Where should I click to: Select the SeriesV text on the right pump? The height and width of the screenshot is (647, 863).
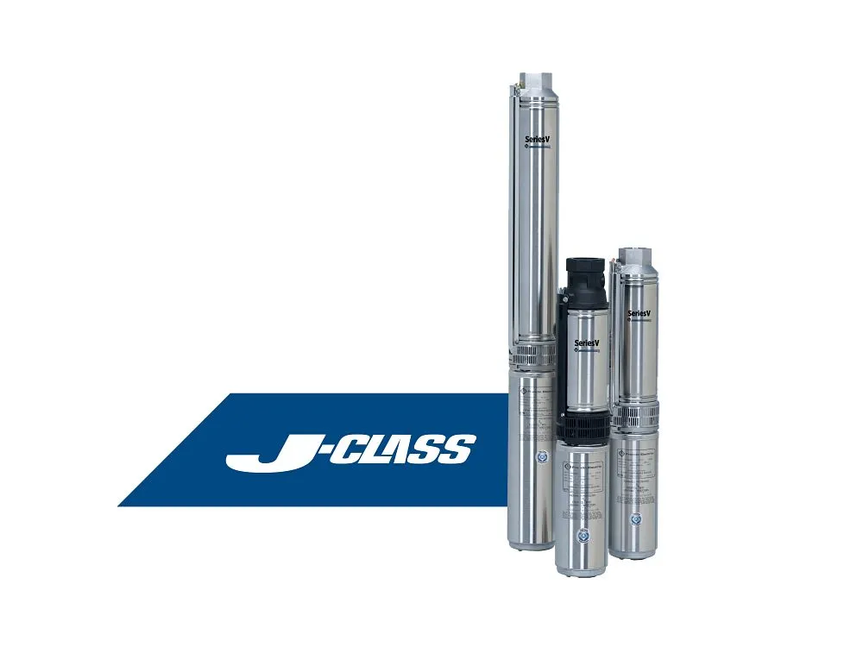pos(639,312)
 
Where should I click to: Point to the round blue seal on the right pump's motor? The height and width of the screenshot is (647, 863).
pos(637,519)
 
